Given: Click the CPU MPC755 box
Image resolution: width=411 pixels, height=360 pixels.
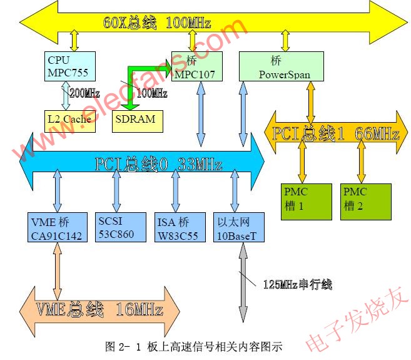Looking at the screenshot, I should point(70,66).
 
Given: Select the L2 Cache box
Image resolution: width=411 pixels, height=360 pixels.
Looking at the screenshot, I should point(69,119).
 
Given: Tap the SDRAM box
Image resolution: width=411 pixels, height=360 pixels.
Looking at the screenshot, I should point(135,119).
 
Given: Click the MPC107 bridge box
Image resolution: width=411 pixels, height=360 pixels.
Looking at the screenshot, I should point(196,67).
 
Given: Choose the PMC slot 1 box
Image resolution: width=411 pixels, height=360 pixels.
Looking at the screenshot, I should point(306,200).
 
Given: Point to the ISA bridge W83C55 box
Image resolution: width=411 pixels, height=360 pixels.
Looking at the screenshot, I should point(180,228).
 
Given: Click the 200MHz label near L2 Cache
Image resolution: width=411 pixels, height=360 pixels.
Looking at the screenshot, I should point(84,93).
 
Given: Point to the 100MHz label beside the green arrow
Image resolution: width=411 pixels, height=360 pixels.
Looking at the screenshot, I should point(151,93).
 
